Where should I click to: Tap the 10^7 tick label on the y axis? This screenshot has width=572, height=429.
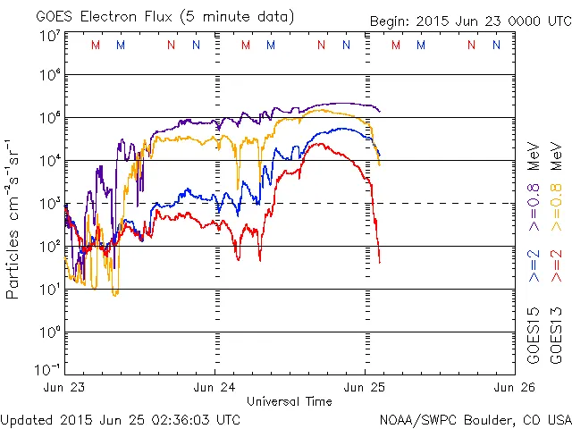pos(49,37)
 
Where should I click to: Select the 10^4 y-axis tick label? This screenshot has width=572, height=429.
pos(49,160)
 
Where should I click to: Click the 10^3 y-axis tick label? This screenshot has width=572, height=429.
pos(49,203)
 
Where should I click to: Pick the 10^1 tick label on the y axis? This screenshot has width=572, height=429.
pos(49,289)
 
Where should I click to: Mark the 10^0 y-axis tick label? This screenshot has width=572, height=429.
pos(49,332)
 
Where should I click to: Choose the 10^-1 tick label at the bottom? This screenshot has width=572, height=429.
pos(47,367)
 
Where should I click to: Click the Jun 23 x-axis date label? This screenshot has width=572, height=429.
pos(65,387)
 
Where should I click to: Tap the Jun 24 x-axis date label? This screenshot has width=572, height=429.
pos(215,387)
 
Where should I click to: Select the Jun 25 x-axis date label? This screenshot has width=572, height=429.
pos(366,387)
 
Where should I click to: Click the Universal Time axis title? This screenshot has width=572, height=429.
pos(290,401)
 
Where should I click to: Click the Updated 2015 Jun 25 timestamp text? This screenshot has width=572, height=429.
pos(120,418)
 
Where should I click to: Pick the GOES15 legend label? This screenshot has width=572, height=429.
pos(534,334)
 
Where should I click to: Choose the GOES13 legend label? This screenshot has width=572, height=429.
pos(555,334)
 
